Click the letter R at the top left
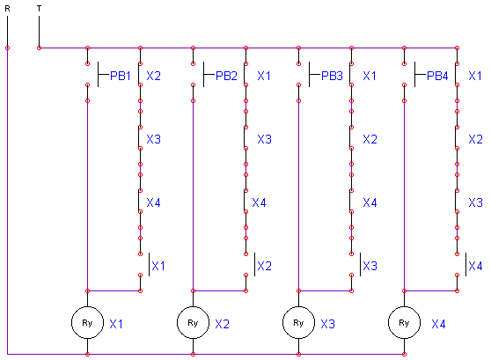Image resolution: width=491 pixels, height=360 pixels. (x=8, y=9)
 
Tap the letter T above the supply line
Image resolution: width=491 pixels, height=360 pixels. (x=39, y=9)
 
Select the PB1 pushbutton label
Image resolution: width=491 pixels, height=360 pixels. (x=121, y=76)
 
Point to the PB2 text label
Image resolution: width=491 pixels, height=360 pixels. (x=226, y=76)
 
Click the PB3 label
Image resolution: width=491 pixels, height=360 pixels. (x=332, y=76)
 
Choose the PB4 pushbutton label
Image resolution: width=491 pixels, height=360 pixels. (x=437, y=76)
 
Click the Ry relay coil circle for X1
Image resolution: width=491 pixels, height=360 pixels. (x=87, y=322)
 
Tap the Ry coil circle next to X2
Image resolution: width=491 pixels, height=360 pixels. (x=193, y=322)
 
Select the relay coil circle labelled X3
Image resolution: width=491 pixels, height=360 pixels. (x=298, y=322)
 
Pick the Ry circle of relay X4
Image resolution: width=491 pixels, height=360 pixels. (x=404, y=322)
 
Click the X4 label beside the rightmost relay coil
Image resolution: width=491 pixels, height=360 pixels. (x=438, y=324)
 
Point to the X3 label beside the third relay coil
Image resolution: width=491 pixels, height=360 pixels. (x=328, y=324)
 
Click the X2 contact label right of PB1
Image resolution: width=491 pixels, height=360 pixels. (x=153, y=76)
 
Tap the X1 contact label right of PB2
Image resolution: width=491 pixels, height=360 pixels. (x=264, y=76)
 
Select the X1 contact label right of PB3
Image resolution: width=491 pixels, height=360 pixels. (x=370, y=76)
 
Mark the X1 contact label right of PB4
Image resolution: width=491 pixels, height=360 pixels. (x=474, y=76)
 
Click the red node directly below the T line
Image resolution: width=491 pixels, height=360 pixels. (x=39, y=48)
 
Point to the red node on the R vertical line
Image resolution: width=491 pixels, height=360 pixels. (x=8, y=48)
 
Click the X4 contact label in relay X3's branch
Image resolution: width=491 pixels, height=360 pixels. (x=370, y=202)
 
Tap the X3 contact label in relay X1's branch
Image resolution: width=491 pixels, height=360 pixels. (x=153, y=139)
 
